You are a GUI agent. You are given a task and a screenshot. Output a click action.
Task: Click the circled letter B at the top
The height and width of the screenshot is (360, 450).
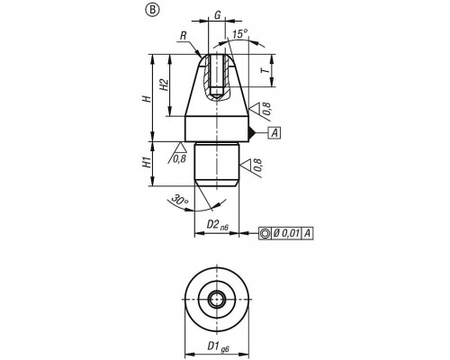click(153, 10)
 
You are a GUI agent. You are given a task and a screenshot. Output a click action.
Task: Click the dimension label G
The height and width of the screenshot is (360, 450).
click(218, 14)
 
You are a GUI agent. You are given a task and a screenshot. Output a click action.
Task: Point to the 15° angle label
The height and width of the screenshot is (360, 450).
click(240, 34)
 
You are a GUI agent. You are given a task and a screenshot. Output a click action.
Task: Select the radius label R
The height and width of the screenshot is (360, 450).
click(184, 36)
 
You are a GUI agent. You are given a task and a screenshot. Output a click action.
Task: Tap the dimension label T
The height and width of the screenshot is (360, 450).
click(265, 71)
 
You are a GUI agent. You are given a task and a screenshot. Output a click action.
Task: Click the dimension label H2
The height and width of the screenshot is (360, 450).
click(163, 85)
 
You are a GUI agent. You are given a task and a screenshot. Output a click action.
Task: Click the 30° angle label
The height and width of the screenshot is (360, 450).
click(179, 200)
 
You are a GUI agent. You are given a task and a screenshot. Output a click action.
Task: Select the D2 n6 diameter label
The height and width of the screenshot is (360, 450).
click(217, 225)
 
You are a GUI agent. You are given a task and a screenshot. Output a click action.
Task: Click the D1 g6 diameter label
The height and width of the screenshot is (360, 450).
click(218, 347)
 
